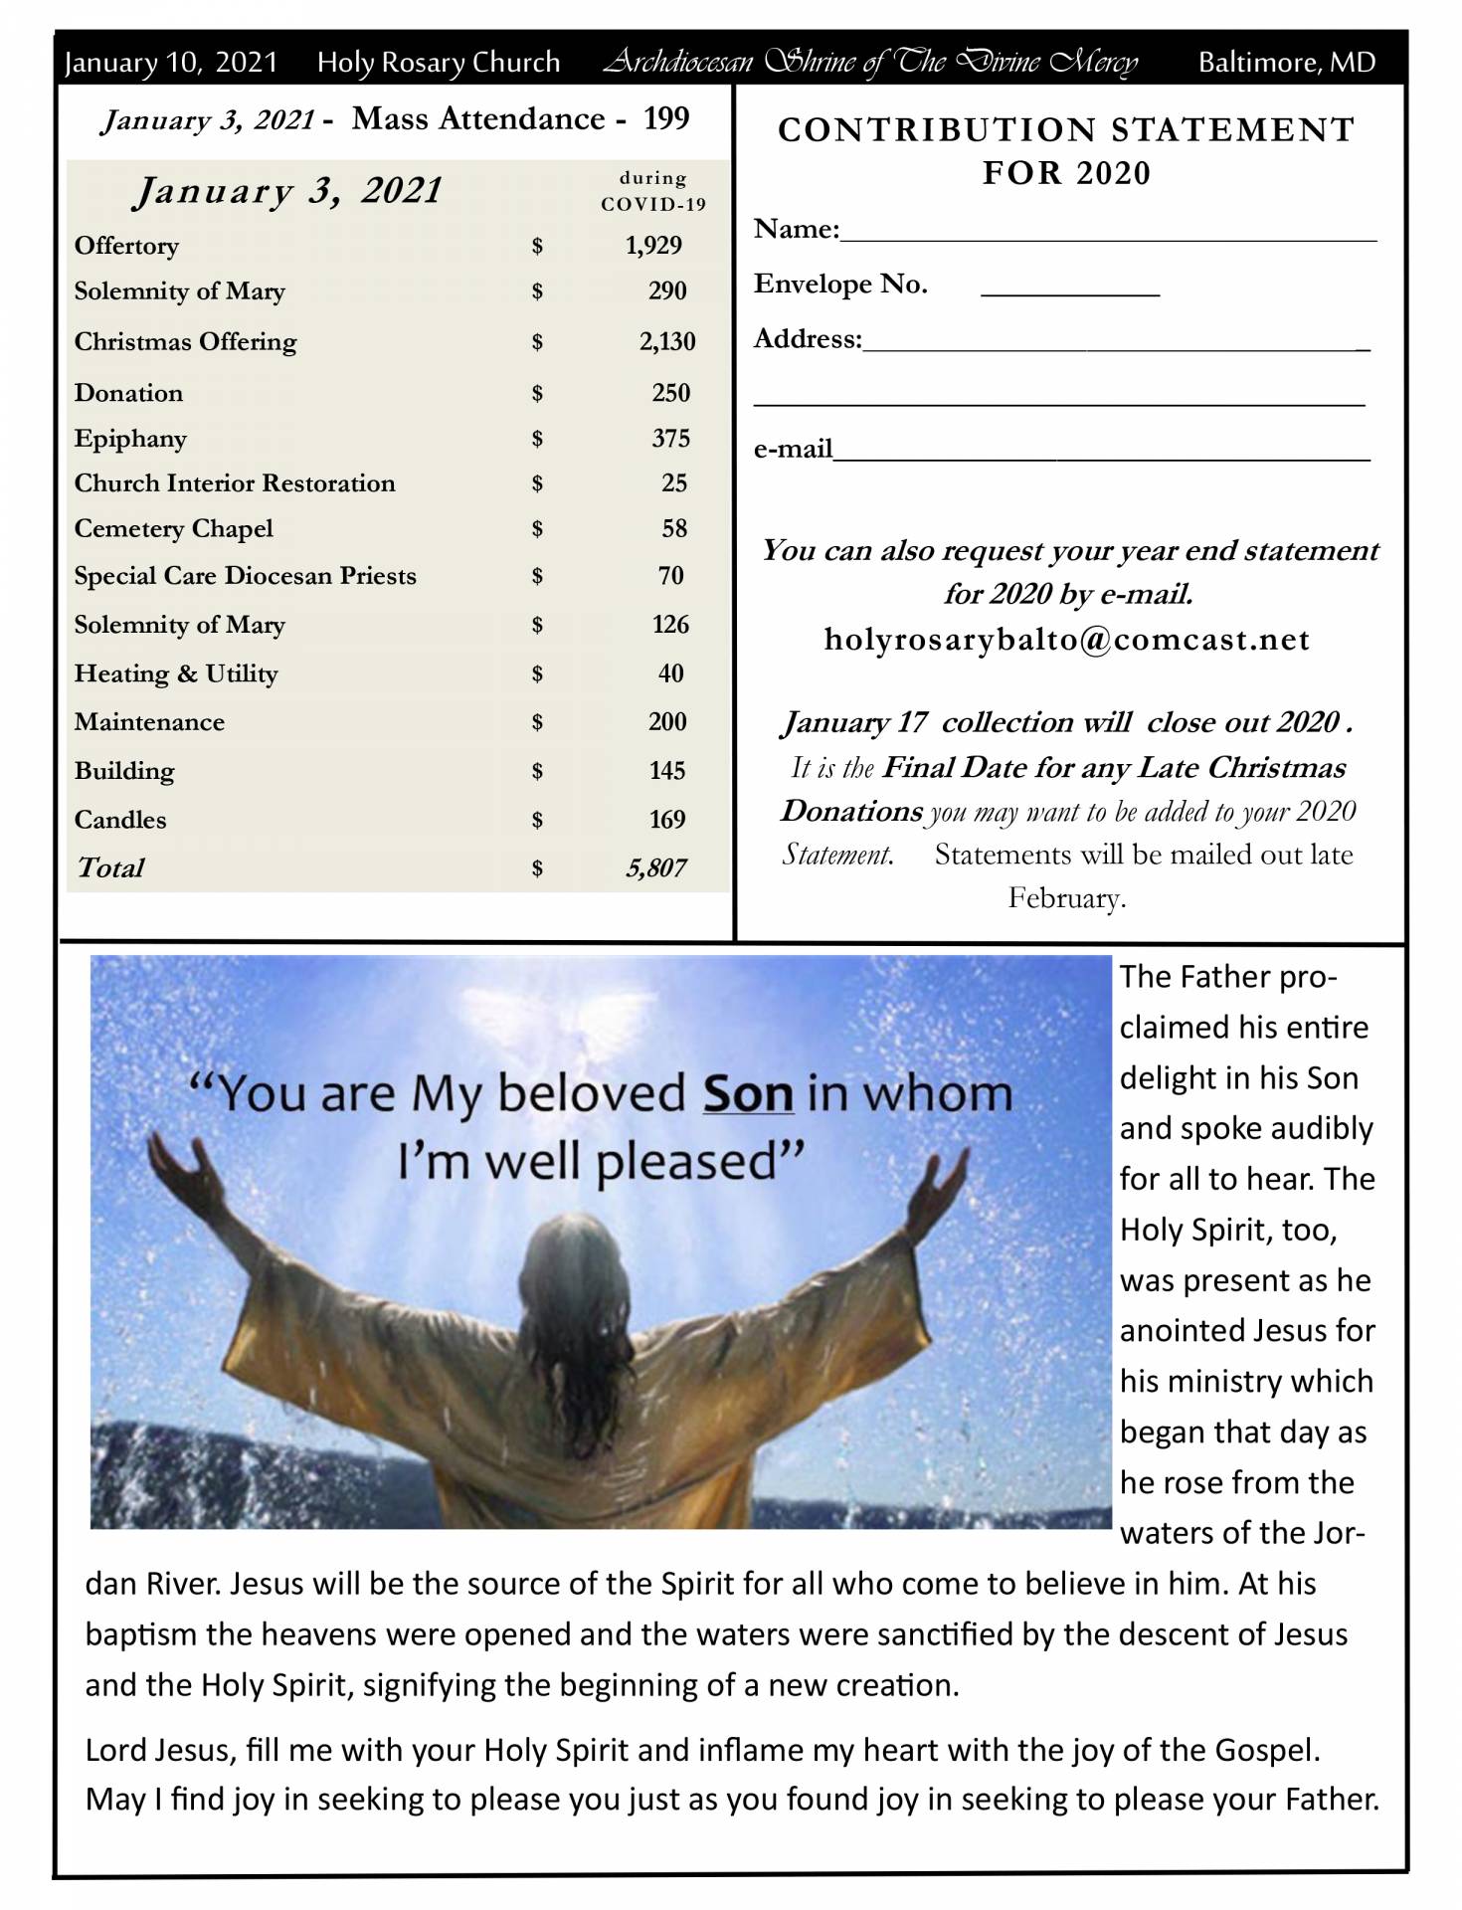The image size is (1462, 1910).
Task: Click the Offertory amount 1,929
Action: tap(652, 246)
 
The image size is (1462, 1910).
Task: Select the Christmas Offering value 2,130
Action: tap(666, 342)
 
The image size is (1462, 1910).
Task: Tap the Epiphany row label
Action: tap(130, 439)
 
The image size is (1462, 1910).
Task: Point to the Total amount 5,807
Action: tap(655, 868)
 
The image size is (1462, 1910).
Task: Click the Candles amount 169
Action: tap(666, 820)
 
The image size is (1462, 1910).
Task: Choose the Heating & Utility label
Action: tap(176, 673)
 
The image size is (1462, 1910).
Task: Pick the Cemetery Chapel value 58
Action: tap(673, 529)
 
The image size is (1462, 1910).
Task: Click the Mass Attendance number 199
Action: tap(665, 119)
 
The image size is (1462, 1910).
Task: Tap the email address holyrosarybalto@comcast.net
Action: tap(1066, 639)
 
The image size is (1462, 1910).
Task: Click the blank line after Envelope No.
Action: tap(1069, 290)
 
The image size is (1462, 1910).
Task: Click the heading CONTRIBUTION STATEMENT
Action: tap(1066, 130)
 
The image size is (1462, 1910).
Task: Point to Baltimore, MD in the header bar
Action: tap(1286, 63)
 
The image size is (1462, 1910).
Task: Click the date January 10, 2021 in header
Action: tap(171, 63)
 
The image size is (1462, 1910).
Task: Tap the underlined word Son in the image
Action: tap(747, 1093)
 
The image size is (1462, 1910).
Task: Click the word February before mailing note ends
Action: tap(1066, 898)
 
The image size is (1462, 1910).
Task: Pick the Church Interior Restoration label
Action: tap(235, 483)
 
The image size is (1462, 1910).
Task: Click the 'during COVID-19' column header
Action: tap(652, 191)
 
